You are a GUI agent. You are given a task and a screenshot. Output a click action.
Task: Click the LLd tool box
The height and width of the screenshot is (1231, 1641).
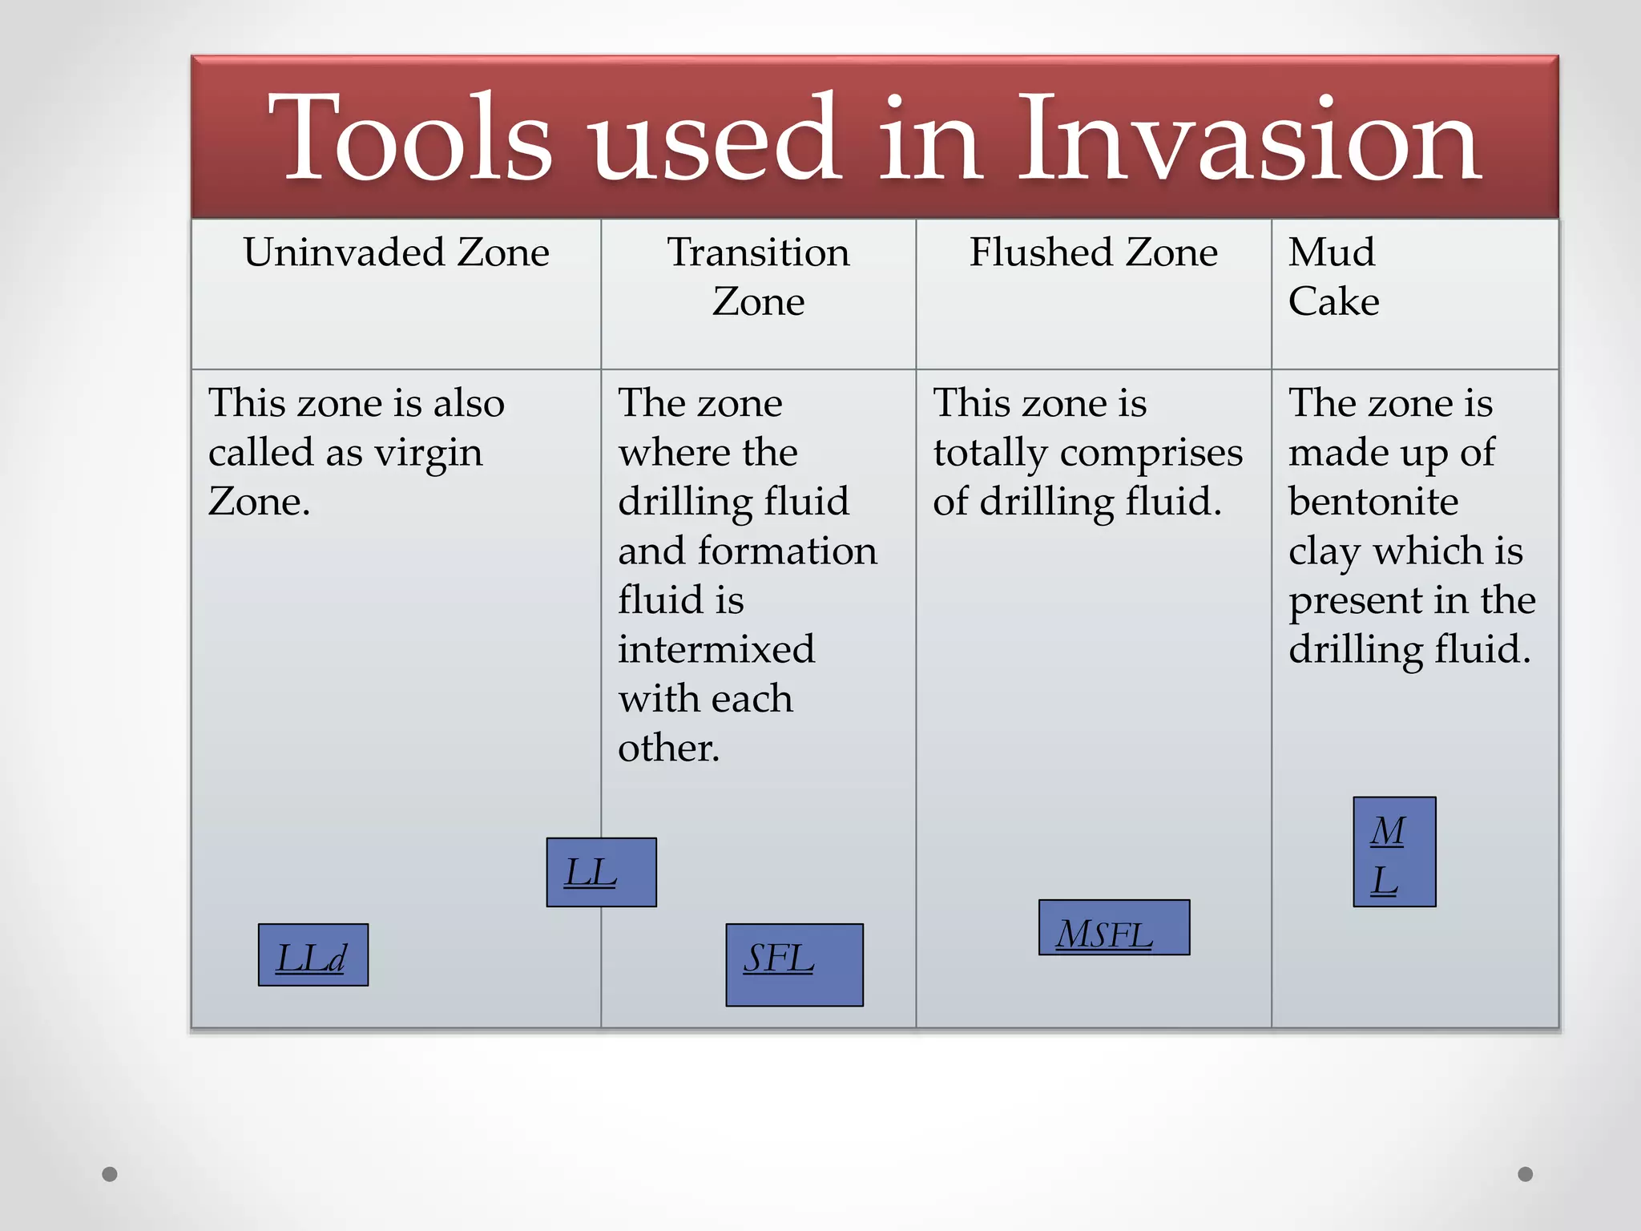[313, 955]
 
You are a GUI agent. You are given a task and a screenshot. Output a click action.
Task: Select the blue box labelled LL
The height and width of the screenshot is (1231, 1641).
[601, 872]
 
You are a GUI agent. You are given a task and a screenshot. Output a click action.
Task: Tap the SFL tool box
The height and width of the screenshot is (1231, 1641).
[794, 965]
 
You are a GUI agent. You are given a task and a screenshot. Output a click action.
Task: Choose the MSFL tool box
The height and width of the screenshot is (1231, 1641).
[1114, 927]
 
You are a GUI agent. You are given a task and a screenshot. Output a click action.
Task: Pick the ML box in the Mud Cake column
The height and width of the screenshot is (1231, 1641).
[1394, 852]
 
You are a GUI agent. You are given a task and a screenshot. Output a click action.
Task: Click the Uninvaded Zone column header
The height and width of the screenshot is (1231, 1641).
[397, 252]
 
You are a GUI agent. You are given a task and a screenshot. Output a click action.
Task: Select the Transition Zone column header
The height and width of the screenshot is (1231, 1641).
[758, 276]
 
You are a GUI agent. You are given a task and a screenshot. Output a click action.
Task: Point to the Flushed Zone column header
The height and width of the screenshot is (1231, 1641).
[1094, 252]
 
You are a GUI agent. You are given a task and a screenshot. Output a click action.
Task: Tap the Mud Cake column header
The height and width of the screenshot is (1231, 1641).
[1333, 276]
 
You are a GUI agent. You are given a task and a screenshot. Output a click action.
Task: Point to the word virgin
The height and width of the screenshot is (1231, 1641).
[429, 454]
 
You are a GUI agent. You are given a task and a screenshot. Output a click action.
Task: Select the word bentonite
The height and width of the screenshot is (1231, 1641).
[1373, 502]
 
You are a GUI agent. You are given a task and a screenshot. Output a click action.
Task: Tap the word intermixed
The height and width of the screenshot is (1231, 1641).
[716, 649]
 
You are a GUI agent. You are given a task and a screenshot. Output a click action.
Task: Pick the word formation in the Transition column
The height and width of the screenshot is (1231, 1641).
[787, 551]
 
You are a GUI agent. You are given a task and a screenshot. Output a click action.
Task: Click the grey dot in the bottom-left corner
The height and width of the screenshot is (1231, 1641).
[110, 1174]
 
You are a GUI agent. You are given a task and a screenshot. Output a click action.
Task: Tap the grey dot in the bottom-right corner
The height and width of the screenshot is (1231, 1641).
[1526, 1174]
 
